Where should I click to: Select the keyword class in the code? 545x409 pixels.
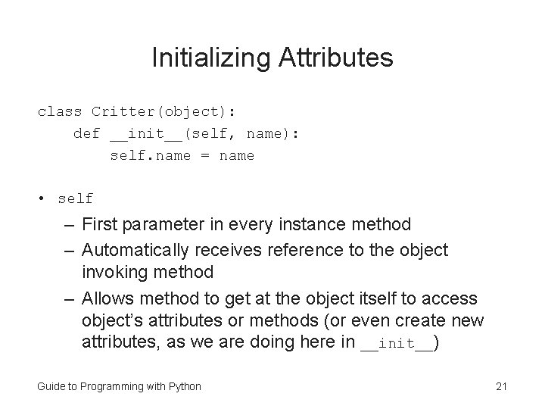click(60, 111)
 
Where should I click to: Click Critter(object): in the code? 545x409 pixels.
click(163, 111)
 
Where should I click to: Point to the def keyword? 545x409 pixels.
click(86, 134)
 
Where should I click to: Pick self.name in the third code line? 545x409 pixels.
click(150, 156)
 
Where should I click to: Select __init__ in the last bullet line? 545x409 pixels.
click(397, 343)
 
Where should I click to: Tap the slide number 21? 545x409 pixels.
click(500, 386)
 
